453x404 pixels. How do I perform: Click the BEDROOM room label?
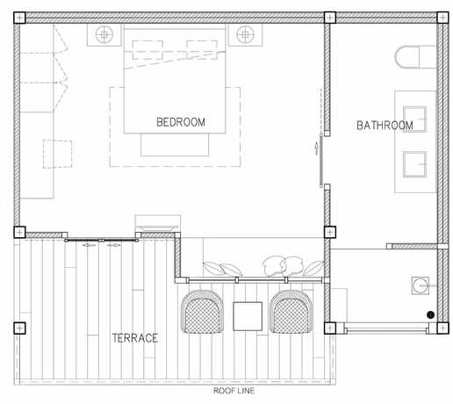pyautogui.click(x=181, y=122)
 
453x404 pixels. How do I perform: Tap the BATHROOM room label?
pyautogui.click(x=385, y=126)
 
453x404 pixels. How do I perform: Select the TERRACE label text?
pyautogui.click(x=135, y=338)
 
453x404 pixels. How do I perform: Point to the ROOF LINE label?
pyautogui.click(x=234, y=391)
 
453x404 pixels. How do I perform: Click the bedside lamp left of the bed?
pyautogui.click(x=104, y=34)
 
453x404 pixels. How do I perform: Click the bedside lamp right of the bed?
pyautogui.click(x=245, y=34)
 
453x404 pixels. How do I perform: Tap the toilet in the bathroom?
pyautogui.click(x=415, y=57)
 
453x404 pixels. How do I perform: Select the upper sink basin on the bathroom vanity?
pyautogui.click(x=414, y=119)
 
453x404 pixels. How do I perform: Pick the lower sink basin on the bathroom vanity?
pyautogui.click(x=414, y=164)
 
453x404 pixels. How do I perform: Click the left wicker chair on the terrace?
pyautogui.click(x=202, y=312)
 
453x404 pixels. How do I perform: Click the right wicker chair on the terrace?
pyautogui.click(x=291, y=312)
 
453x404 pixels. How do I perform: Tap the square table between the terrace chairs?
pyautogui.click(x=248, y=316)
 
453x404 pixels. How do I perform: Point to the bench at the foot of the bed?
pyautogui.click(x=175, y=145)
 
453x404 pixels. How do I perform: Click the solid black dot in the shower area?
pyautogui.click(x=430, y=314)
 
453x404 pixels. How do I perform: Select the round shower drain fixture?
pyautogui.click(x=421, y=285)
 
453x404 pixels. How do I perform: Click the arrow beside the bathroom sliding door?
pyautogui.click(x=316, y=148)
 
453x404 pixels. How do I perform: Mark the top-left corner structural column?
pyautogui.click(x=19, y=18)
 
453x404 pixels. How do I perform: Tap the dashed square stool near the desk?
pyautogui.click(x=58, y=154)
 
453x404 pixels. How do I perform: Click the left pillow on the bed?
pyautogui.click(x=147, y=50)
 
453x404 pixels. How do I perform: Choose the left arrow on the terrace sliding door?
pyautogui.click(x=90, y=245)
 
